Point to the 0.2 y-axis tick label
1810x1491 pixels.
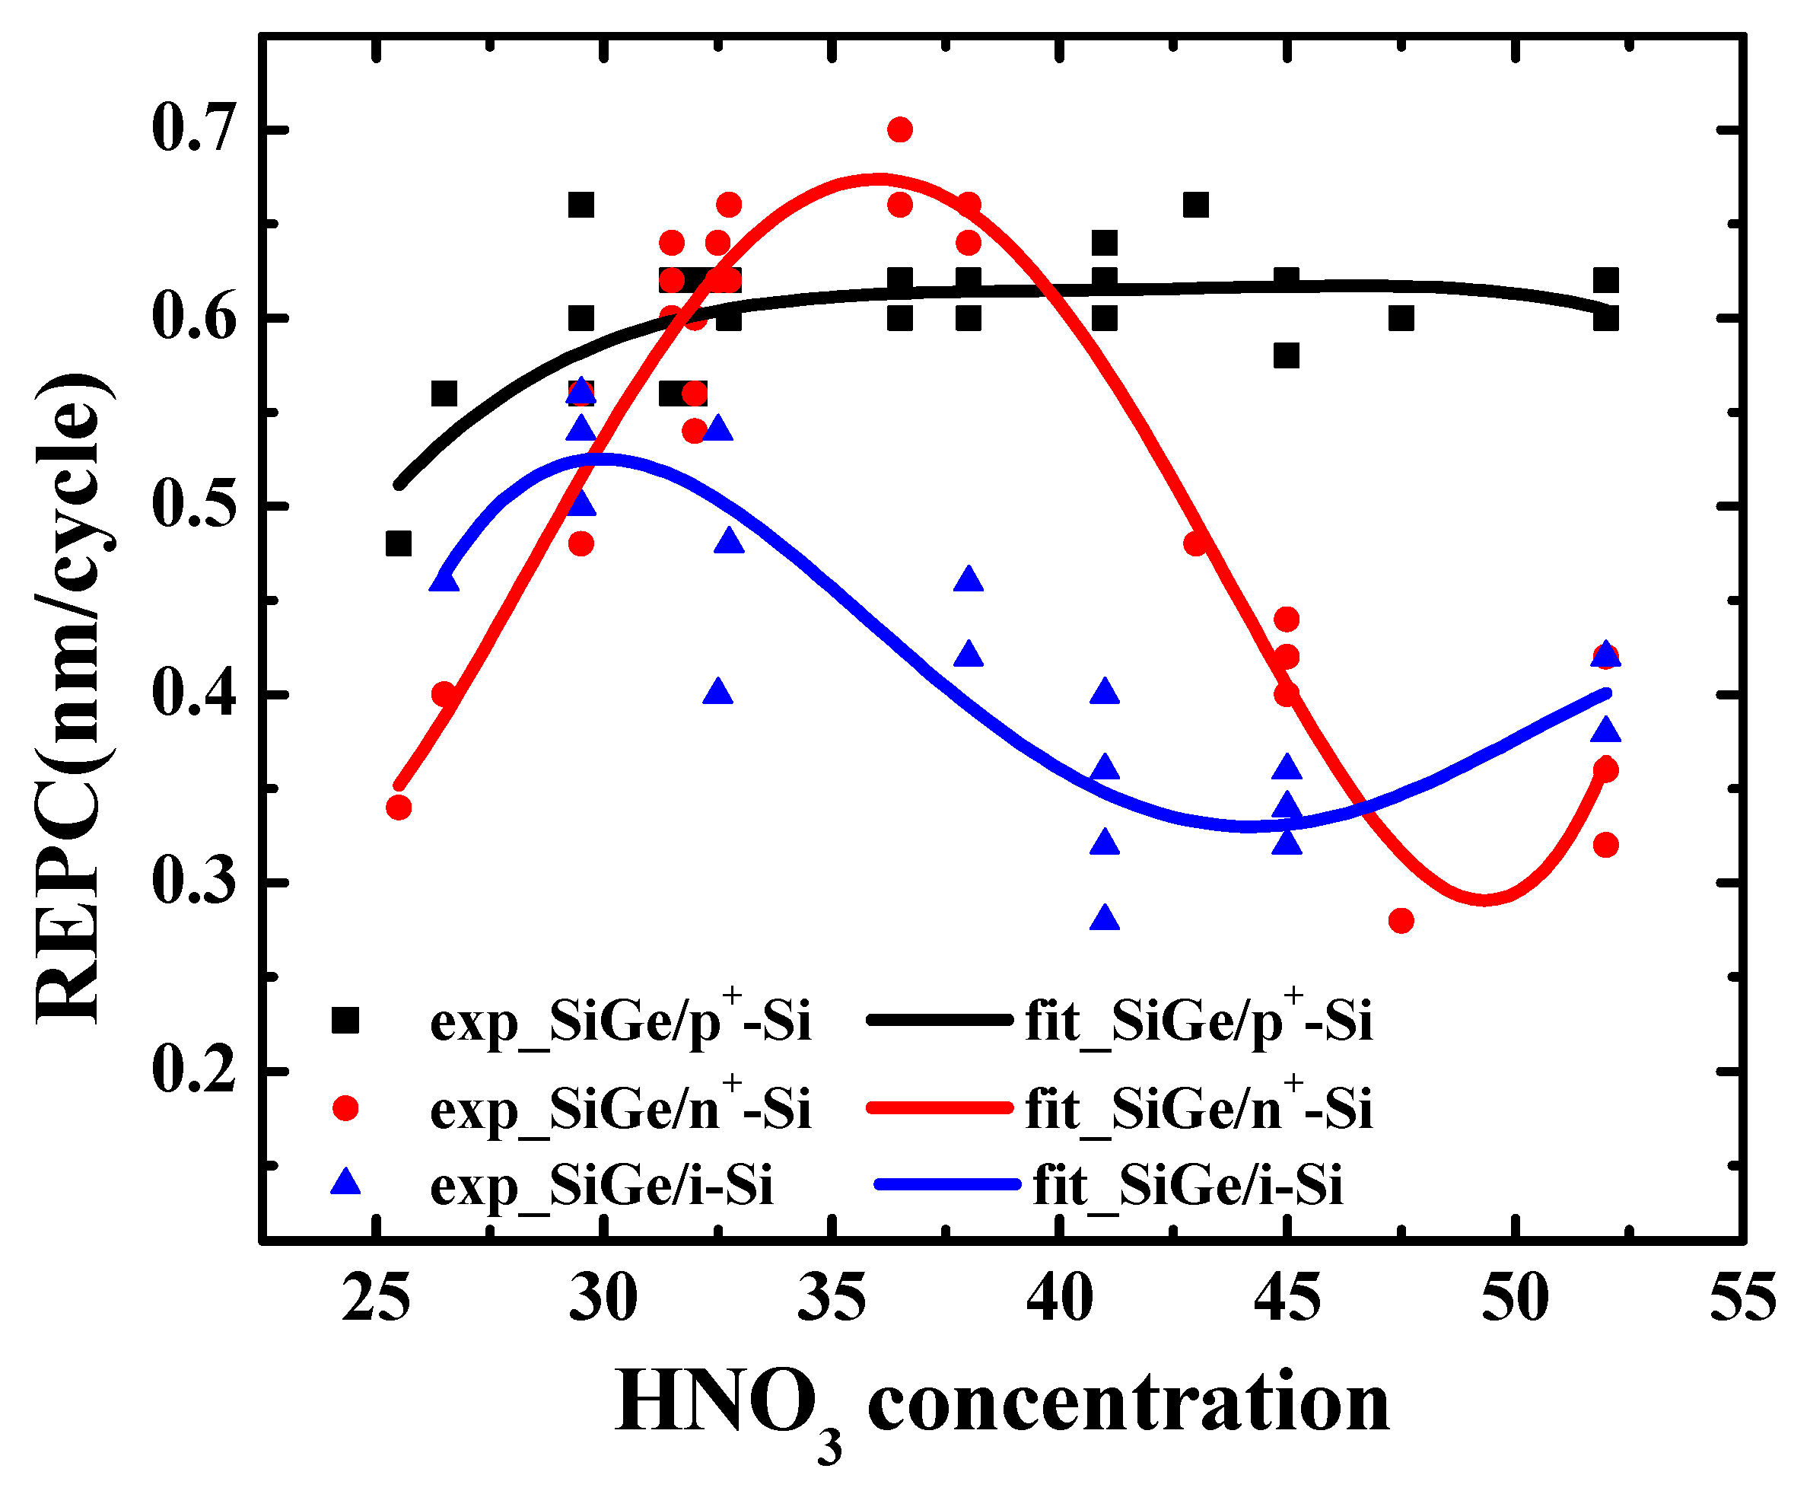(193, 1070)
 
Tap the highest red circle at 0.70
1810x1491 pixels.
(899, 129)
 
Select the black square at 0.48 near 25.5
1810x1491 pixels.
(399, 543)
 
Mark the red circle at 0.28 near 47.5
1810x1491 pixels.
(1401, 921)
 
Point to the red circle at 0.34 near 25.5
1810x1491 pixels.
(399, 808)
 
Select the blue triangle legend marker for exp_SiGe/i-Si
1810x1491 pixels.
(345, 1183)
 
